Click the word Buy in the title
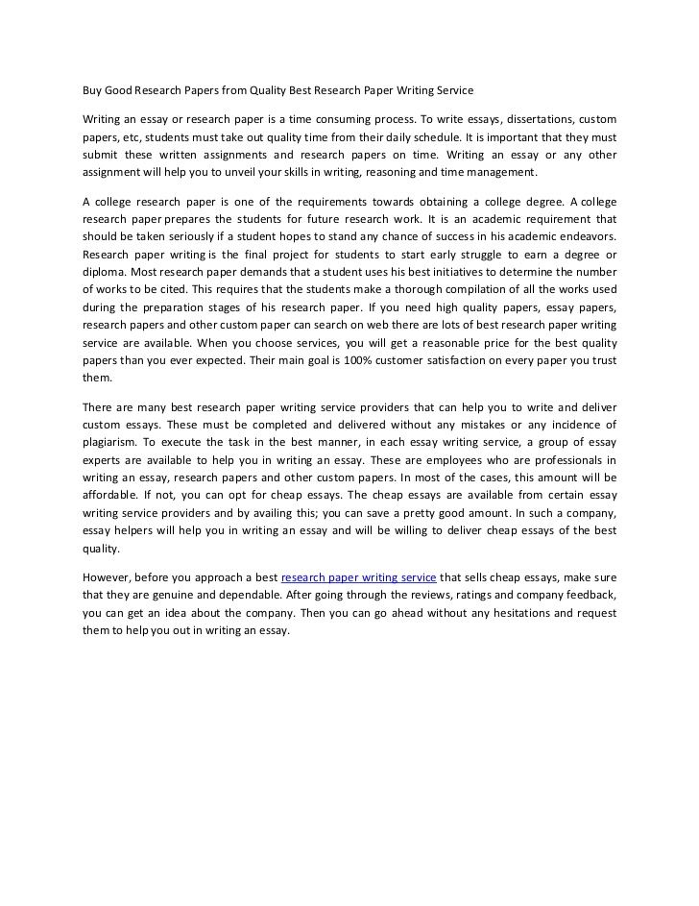92,90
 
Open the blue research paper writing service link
358,577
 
